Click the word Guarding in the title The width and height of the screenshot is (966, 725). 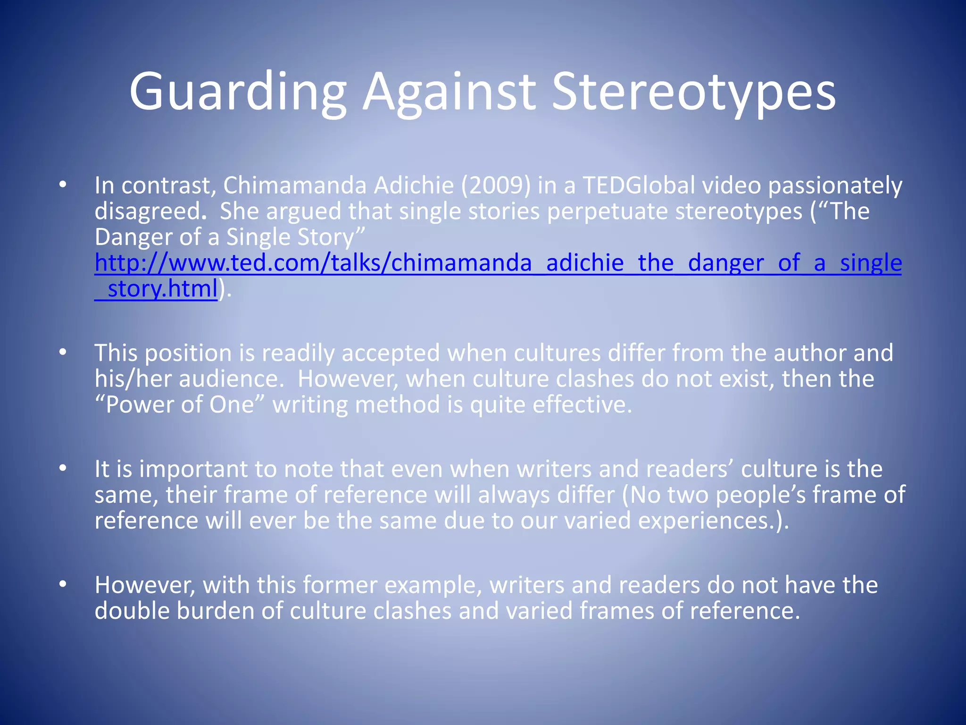pos(238,92)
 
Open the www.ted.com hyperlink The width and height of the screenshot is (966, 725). pos(498,263)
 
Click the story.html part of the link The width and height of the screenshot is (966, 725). pos(162,289)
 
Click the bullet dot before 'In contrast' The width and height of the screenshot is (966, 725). pos(63,185)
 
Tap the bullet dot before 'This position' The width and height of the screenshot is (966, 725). pos(63,353)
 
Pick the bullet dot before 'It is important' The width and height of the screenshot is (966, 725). pos(63,469)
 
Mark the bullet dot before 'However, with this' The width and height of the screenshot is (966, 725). pos(63,585)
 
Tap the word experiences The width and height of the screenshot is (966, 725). pos(705,521)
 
